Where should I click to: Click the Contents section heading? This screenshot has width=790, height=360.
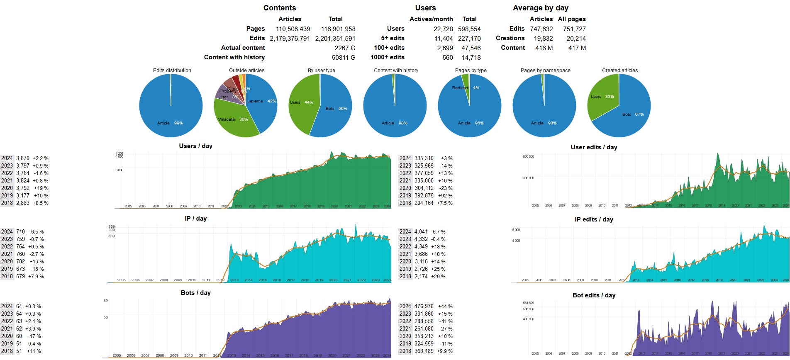point(279,8)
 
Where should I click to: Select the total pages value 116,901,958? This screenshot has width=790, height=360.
point(338,29)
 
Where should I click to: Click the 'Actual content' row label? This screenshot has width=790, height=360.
point(243,48)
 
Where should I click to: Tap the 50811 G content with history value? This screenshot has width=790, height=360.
point(343,58)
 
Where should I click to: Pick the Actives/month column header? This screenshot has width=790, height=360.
point(431,19)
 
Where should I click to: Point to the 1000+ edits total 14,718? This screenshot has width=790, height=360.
point(471,58)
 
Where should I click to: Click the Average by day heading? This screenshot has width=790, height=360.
point(540,8)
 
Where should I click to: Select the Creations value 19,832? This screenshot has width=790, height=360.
point(543,39)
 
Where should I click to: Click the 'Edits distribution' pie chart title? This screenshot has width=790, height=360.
point(172,71)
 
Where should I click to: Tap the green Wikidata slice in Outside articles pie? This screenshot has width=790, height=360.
point(234,120)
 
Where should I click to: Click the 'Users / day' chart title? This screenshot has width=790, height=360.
point(195,146)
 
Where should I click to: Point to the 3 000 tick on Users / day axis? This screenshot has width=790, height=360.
point(119,170)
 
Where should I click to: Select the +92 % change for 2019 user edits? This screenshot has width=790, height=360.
point(444,196)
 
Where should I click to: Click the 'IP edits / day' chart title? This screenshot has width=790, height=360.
point(593,219)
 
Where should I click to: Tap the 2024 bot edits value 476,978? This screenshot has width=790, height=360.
point(424,306)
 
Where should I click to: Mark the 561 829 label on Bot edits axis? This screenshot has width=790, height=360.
point(528,303)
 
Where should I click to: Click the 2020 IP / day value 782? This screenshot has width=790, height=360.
point(20,262)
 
